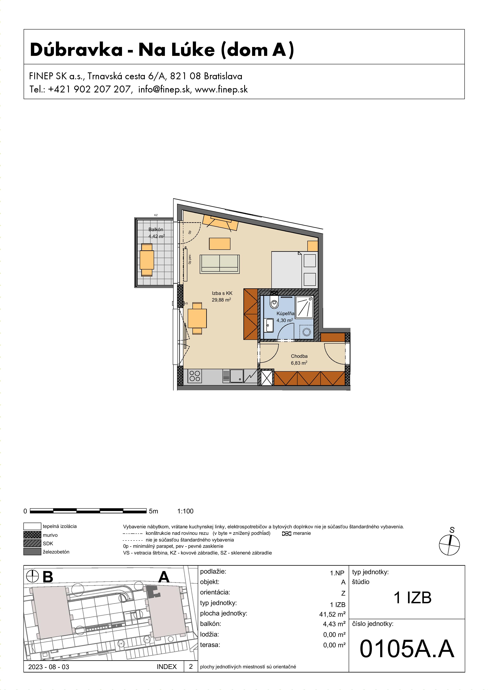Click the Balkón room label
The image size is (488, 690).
pos(156,230)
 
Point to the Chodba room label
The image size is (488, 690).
pos(299,356)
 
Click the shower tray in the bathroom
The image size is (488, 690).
pos(305,306)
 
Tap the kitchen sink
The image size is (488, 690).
pos(237,376)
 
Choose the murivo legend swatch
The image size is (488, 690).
pos(32,535)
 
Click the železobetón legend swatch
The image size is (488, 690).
pos(32,552)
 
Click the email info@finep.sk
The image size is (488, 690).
pos(164,89)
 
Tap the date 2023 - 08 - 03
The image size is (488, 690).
pos(49,667)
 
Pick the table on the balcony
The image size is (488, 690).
pos(147,260)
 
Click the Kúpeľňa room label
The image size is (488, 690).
pos(285,314)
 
